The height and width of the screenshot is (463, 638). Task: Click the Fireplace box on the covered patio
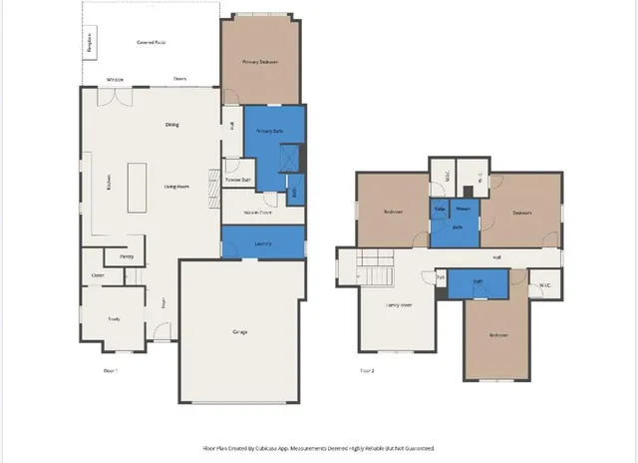89,43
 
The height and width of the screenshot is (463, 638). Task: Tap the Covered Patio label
152,42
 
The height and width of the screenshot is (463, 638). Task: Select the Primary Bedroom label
260,62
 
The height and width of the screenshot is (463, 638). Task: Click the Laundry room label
263,241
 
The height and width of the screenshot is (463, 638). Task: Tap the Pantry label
127,256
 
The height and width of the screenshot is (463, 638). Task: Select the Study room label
114,318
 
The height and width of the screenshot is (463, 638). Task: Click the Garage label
240,331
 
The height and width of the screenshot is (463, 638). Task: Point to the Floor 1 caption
111,370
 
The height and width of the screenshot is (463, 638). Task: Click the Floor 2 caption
367,370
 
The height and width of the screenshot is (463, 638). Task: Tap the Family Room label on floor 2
400,304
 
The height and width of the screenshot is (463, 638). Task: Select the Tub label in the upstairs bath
440,209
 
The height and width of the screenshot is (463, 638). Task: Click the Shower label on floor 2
463,209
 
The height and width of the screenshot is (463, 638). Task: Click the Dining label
172,125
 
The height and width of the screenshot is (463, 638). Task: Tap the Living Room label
177,186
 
